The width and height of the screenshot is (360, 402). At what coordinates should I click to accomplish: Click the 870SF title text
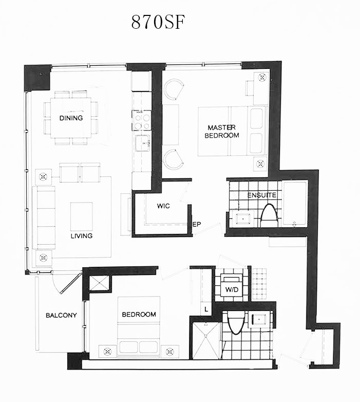pos(158,22)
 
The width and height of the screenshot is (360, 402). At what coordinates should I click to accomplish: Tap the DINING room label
pos(71,118)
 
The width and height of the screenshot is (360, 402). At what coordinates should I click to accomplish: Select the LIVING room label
pos(82,236)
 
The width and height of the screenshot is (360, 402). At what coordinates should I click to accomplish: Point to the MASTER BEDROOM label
pos(222,131)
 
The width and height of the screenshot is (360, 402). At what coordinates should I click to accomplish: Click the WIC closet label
pos(163,206)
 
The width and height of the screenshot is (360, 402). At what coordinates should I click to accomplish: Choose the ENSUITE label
pos(262,195)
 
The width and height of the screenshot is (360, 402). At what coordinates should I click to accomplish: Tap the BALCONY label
pos(61,315)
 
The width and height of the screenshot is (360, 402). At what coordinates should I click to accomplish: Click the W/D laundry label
pos(232,290)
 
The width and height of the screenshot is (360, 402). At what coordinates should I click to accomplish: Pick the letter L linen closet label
pos(206,309)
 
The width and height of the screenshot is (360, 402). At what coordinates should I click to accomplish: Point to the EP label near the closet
pos(197,225)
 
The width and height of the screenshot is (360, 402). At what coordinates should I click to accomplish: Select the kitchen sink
pos(143,143)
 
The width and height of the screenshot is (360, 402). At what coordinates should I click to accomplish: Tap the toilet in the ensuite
pos(269,215)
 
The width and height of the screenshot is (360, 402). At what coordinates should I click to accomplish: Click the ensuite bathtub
pos(294,204)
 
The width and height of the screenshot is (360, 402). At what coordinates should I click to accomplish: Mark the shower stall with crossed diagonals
pos(206,340)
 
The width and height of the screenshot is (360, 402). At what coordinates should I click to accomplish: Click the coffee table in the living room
pos(82,216)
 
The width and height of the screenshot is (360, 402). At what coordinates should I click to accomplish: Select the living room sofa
pos(44,217)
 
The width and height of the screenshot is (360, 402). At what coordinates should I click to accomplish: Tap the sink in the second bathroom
pos(259,320)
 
